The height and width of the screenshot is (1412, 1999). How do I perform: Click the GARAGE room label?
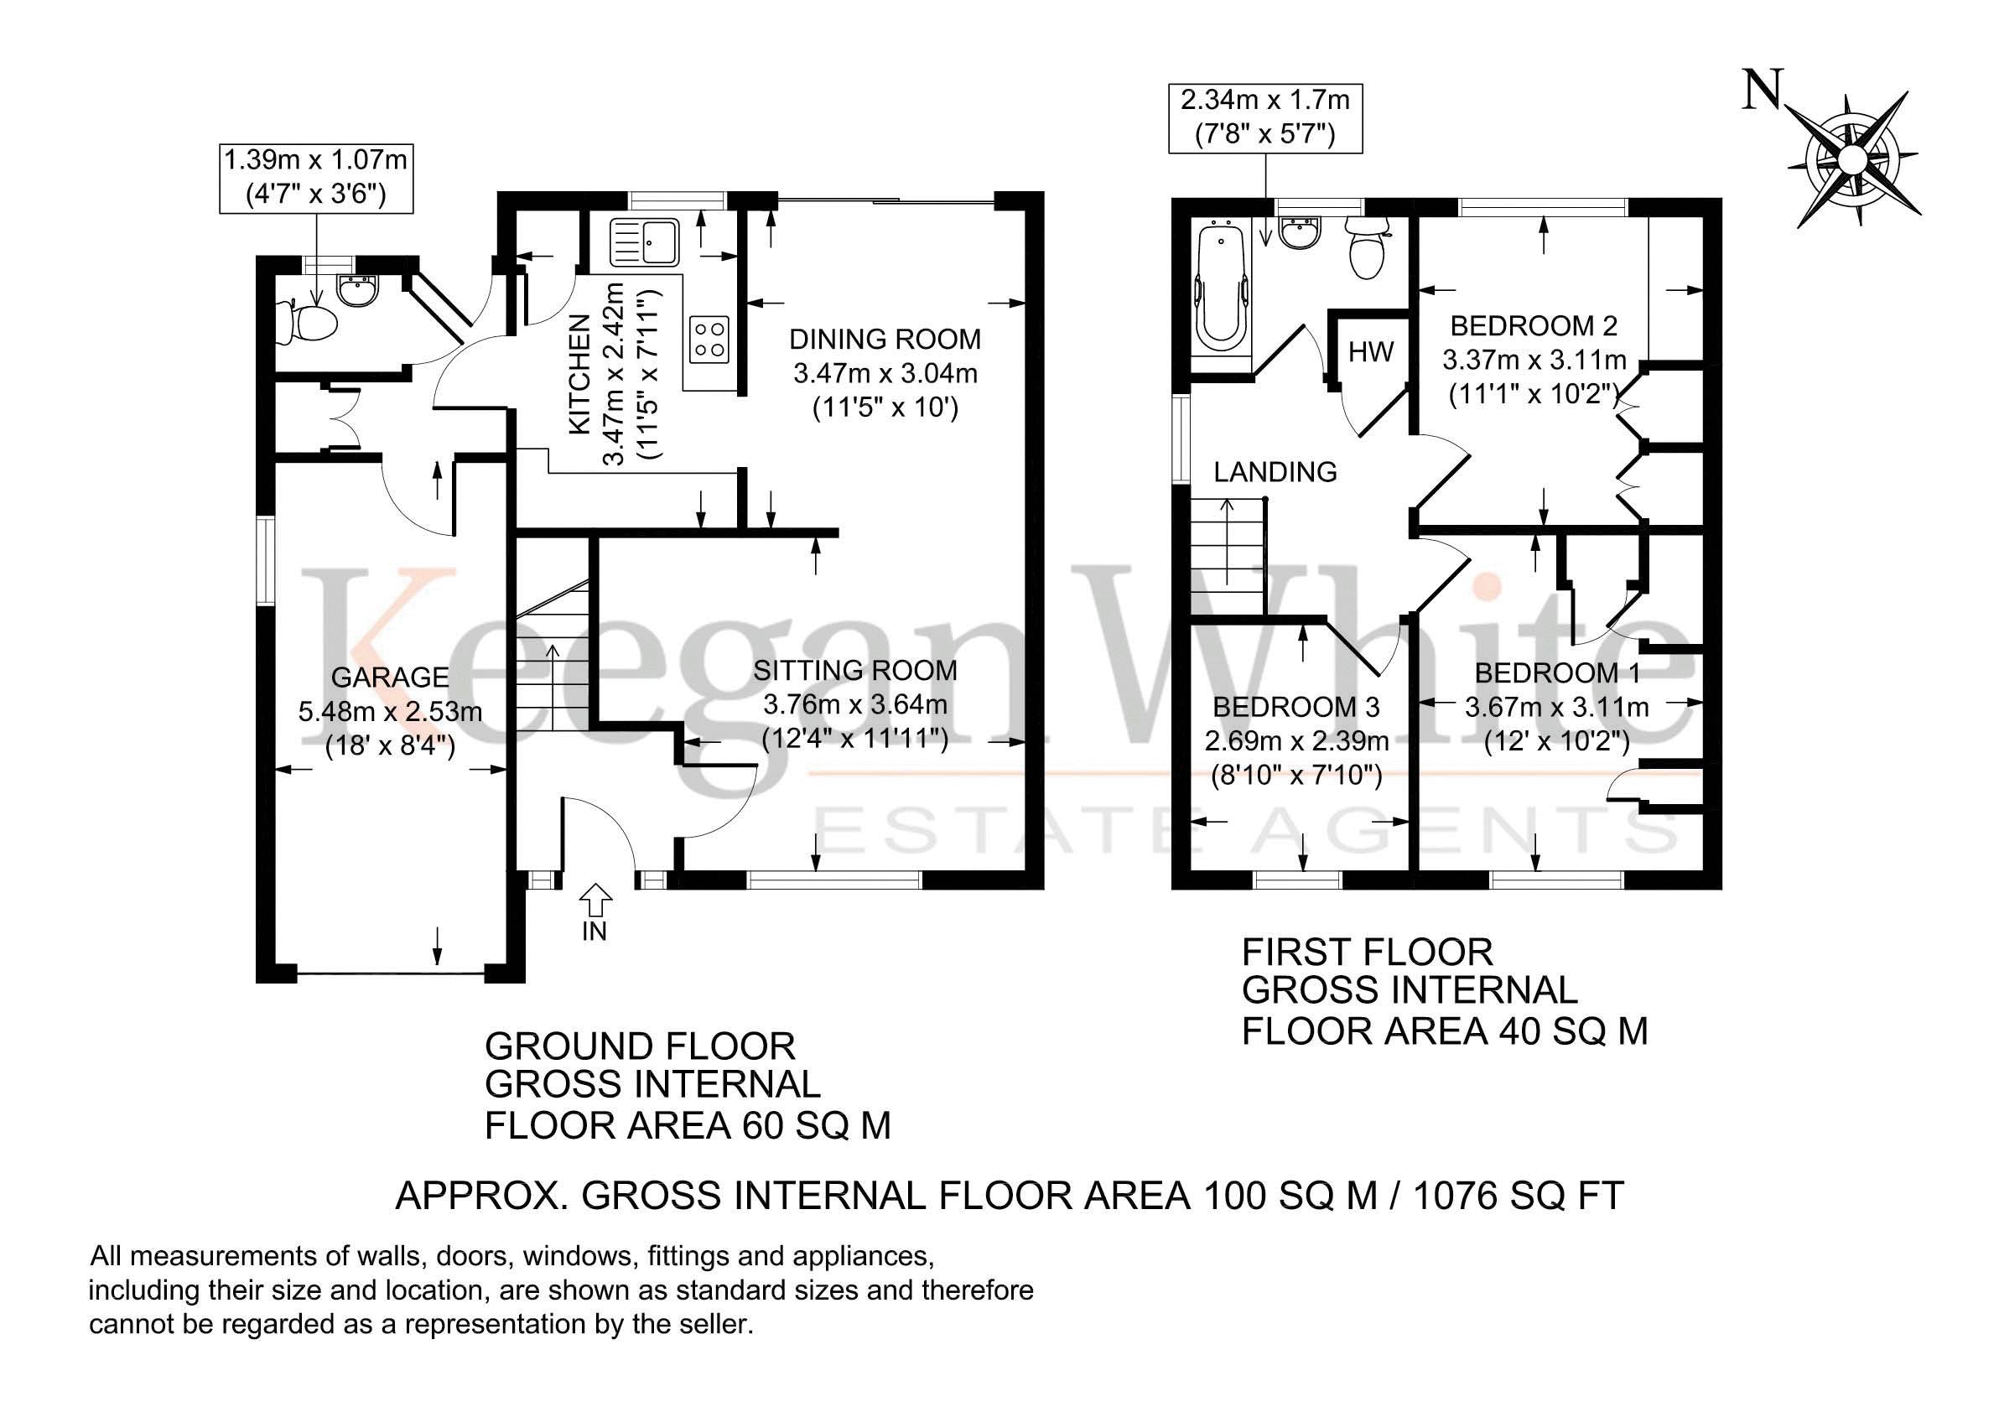coord(390,677)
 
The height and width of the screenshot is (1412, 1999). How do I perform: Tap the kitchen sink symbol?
coord(645,242)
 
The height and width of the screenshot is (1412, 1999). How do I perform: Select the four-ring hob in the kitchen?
coord(709,339)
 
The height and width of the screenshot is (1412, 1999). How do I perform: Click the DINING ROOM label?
coord(885,339)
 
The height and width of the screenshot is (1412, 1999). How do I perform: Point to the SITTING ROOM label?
coord(855,670)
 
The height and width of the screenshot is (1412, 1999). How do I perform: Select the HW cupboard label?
coord(1371,351)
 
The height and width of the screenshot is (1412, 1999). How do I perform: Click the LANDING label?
coord(1275,472)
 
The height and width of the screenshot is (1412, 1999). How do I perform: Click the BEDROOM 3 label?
coord(1296,707)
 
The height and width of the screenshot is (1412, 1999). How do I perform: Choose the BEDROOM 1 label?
coord(1558,673)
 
